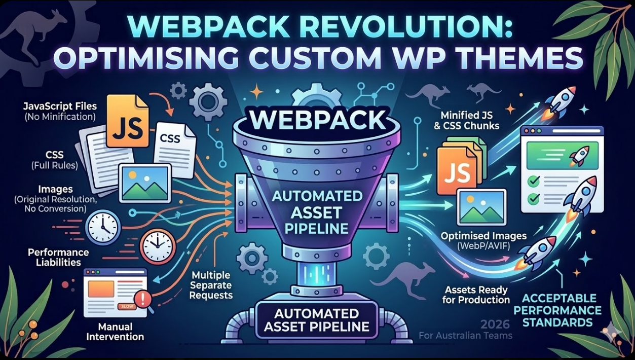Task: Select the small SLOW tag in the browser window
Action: [124, 307]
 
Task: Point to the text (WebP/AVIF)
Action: [483, 246]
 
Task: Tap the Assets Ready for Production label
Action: [477, 295]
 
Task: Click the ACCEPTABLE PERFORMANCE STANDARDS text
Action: [561, 310]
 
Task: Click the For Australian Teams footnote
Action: [466, 335]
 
